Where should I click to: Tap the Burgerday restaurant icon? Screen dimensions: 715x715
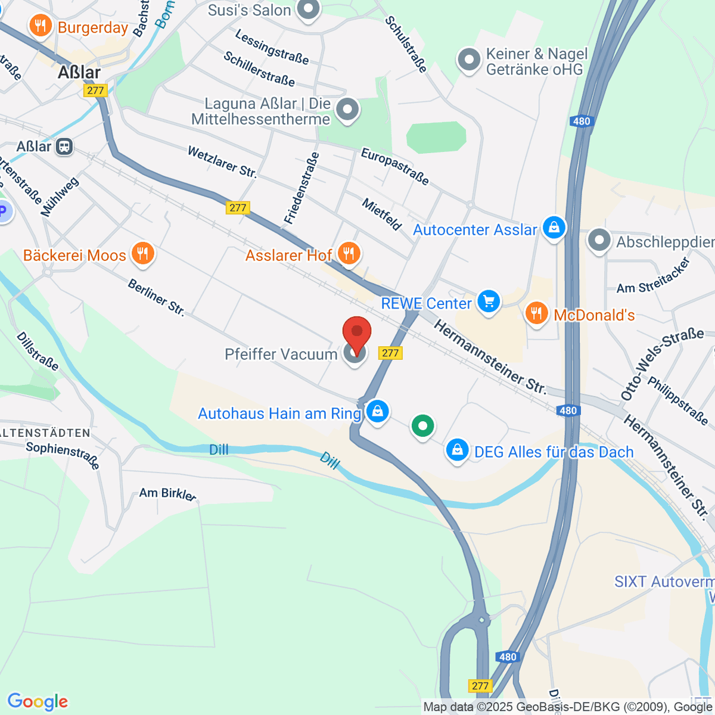pyautogui.click(x=41, y=26)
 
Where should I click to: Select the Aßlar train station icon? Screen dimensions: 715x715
pyautogui.click(x=64, y=147)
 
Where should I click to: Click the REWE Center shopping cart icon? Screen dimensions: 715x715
pyautogui.click(x=489, y=301)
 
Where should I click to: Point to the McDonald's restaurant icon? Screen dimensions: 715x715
pyautogui.click(x=537, y=313)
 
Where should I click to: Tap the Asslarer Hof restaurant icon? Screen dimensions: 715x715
pyautogui.click(x=349, y=254)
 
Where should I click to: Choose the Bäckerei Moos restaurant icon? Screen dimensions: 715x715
pyautogui.click(x=142, y=254)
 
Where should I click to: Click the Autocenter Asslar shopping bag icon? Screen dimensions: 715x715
pyautogui.click(x=554, y=228)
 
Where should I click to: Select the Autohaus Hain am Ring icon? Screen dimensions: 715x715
pyautogui.click(x=377, y=411)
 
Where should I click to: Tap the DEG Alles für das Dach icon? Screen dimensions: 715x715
pyautogui.click(x=457, y=450)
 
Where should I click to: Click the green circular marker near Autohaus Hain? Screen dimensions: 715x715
pyautogui.click(x=422, y=426)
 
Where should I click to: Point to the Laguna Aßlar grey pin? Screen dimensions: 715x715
pyautogui.click(x=347, y=110)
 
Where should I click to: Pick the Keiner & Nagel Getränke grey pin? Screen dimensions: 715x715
pyautogui.click(x=469, y=60)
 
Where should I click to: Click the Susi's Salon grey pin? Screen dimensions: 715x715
pyautogui.click(x=308, y=9)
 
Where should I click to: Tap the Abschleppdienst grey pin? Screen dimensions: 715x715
pyautogui.click(x=599, y=241)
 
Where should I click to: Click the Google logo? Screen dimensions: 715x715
pyautogui.click(x=38, y=701)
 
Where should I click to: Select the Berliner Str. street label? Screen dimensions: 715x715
pyautogui.click(x=156, y=297)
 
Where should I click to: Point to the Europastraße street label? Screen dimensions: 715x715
pyautogui.click(x=395, y=166)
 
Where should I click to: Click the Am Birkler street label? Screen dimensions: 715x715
pyautogui.click(x=167, y=493)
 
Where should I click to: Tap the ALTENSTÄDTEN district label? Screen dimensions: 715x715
pyautogui.click(x=45, y=433)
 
